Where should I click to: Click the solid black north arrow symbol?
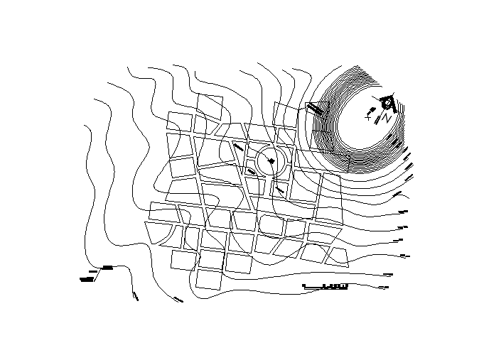pyautogui.click(x=387, y=104)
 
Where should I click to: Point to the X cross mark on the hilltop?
pyautogui.click(x=368, y=119)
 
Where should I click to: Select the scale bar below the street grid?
pyautogui.click(x=326, y=287)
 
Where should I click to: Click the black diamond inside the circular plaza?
pyautogui.click(x=271, y=163)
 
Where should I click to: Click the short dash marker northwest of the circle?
pyautogui.click(x=239, y=148)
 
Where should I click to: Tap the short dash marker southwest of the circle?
pyautogui.click(x=252, y=172)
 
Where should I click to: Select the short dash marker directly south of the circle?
pyautogui.click(x=280, y=190)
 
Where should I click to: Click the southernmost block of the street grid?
pyautogui.click(x=208, y=279)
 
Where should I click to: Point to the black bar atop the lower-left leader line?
pyautogui.click(x=108, y=267)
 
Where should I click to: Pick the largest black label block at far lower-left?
pyautogui.click(x=87, y=280)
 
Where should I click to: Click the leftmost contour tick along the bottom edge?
pyautogui.click(x=135, y=295)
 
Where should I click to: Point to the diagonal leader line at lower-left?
pyautogui.click(x=98, y=273)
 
